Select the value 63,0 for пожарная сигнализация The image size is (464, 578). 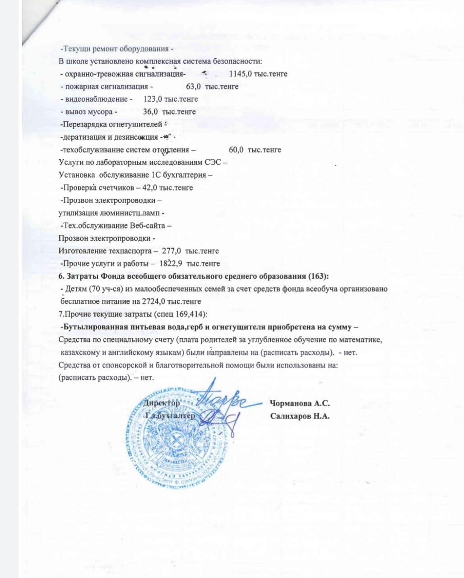[x=194, y=86]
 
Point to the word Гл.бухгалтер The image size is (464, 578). [x=170, y=415]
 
